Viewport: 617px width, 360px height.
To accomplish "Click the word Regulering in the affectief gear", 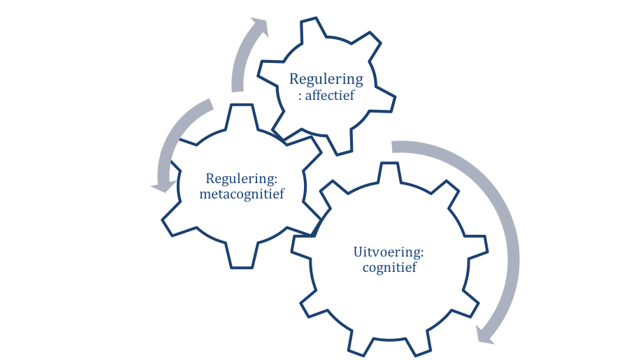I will [x=326, y=79].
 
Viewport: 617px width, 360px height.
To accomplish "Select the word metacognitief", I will [x=242, y=194].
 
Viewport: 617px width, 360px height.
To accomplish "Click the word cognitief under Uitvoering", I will [x=389, y=268].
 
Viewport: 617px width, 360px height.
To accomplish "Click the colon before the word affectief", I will [x=300, y=96].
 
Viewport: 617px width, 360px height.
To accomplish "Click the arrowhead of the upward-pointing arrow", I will [x=258, y=27].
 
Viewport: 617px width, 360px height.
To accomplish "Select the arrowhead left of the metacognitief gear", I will [x=162, y=186].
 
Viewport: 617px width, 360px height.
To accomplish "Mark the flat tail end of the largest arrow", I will [x=393, y=146].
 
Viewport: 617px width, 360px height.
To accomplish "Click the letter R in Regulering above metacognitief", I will [x=210, y=179].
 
